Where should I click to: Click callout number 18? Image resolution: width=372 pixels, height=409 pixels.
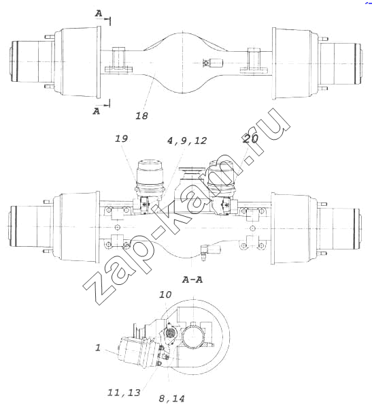[x=142, y=116]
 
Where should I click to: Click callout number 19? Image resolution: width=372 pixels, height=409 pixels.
[x=121, y=138]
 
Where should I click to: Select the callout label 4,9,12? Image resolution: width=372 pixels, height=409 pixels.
[x=187, y=140]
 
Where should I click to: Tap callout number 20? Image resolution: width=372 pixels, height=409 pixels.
[x=250, y=138]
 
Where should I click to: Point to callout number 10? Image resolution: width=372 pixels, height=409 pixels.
[x=165, y=294]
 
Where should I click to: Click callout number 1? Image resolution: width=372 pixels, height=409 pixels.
[x=98, y=348]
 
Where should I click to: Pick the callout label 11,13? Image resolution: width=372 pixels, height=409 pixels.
[x=124, y=393]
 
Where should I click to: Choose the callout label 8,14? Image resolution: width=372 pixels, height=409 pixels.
[x=171, y=399]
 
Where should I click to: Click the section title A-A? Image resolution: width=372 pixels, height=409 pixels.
[x=192, y=280]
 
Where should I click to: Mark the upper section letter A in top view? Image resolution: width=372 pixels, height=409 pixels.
[x=99, y=14]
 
